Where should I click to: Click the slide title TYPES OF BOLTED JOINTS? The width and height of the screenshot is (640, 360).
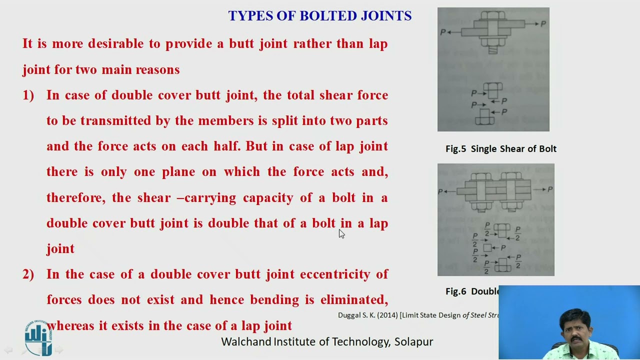pos(320,16)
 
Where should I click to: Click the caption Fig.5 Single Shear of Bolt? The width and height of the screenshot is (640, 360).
pos(500,148)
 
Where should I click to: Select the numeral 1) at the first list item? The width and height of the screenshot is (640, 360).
pos(28,95)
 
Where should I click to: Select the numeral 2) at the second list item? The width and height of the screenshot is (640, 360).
pos(28,274)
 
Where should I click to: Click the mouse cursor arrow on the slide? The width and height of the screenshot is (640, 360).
pos(341,233)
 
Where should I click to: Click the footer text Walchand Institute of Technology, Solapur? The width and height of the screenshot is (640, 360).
pos(327,342)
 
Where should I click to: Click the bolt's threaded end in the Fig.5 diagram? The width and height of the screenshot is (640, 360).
pos(492,50)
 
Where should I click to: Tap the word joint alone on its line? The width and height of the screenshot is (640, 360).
pos(60,249)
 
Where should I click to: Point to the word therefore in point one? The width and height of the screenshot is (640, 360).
pos(75,198)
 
